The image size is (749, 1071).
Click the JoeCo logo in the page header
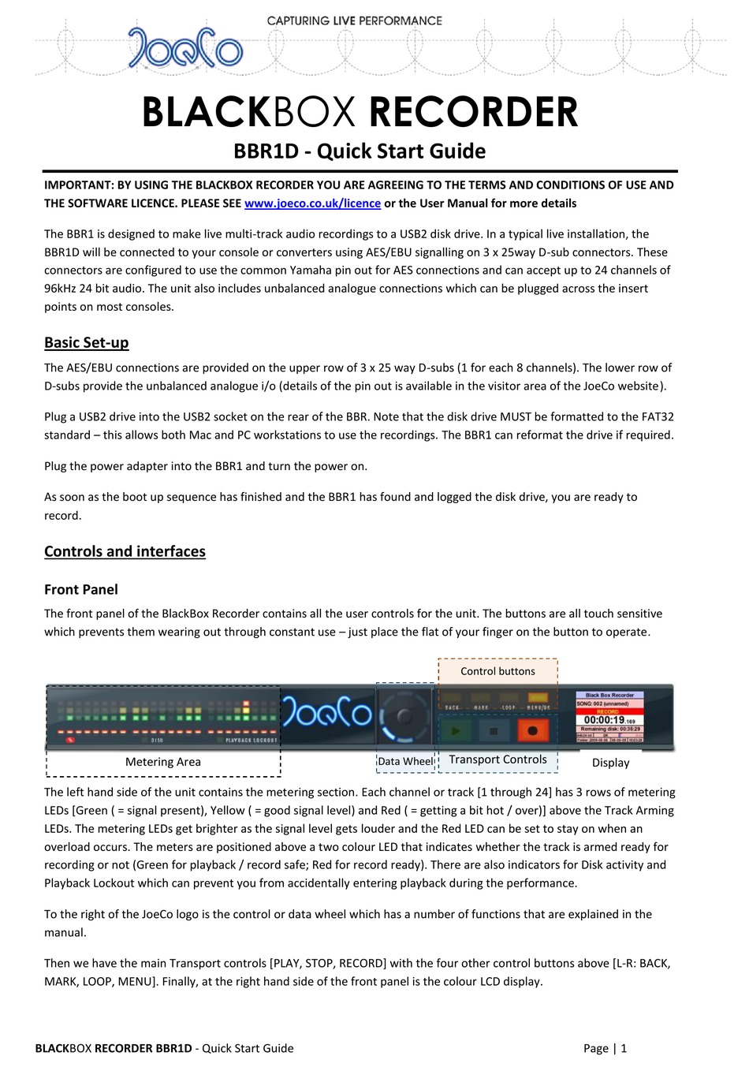coord(185,48)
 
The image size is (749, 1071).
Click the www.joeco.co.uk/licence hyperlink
coord(312,203)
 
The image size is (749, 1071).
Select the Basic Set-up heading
coord(87,342)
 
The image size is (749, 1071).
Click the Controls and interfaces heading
coord(125,551)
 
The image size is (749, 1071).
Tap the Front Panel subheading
coord(81,589)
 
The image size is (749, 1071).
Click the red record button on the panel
coord(532,731)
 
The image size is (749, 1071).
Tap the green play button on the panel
coord(456,731)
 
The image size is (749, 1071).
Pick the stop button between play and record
coord(494,731)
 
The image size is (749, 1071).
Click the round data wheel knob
coord(404,718)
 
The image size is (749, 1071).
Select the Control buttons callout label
coord(497,671)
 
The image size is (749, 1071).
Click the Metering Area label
coord(163,762)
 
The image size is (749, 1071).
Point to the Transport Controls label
coord(497,759)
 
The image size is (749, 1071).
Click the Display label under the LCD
coord(610,763)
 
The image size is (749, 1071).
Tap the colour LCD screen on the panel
coord(610,717)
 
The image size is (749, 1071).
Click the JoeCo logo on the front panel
coord(327,712)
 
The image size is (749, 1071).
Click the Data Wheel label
coord(405,761)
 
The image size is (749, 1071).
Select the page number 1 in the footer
coord(624,1048)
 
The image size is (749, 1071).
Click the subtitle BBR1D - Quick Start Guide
coord(360,151)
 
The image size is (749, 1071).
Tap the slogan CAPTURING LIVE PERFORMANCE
coord(354,21)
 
